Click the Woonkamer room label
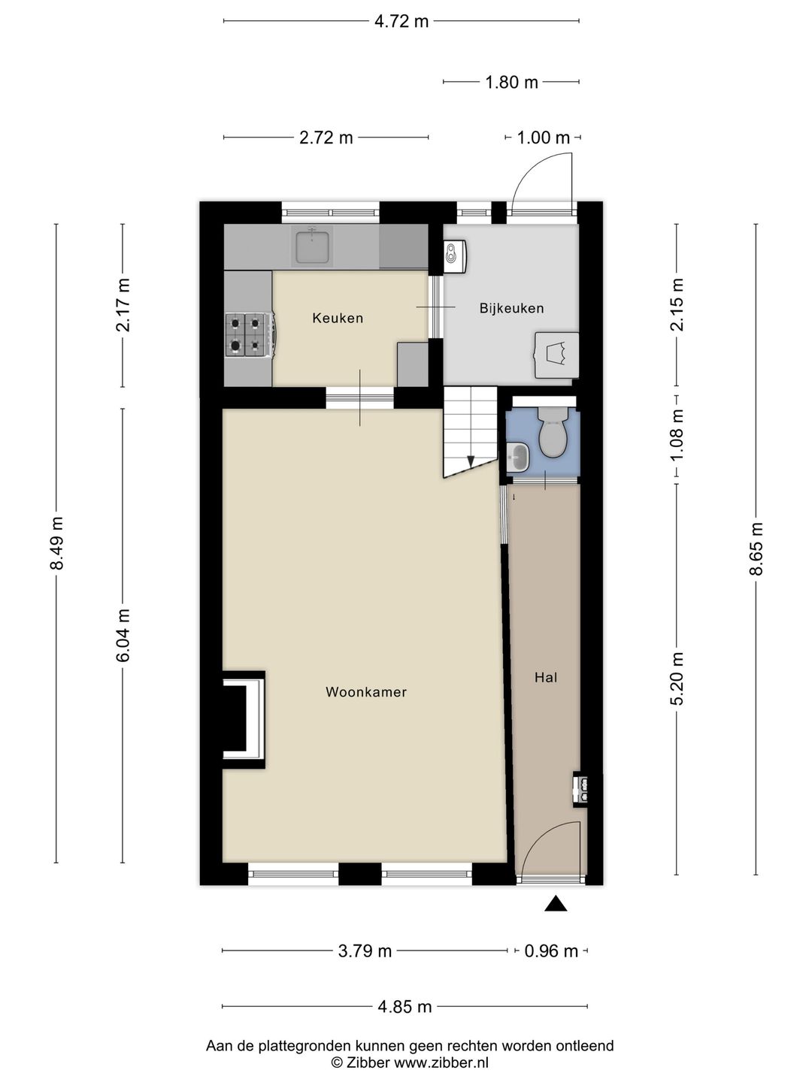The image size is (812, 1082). point(366,692)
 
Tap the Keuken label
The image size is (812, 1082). point(338,318)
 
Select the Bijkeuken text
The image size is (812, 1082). point(512,309)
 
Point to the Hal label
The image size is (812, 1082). point(546,678)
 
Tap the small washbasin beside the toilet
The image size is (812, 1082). point(518,456)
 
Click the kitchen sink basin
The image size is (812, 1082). point(311,246)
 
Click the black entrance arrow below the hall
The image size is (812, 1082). point(556,903)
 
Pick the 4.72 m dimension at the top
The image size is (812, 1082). point(401,22)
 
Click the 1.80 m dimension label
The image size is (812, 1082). point(511,83)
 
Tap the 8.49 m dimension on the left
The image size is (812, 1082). point(57,543)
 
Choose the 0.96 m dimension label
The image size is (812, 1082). point(550,951)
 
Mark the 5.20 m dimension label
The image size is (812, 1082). point(678,679)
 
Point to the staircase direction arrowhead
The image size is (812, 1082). point(471,461)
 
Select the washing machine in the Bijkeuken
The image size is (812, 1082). point(557,355)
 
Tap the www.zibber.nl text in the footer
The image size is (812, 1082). point(441,1062)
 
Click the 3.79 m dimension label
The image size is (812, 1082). point(365,951)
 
